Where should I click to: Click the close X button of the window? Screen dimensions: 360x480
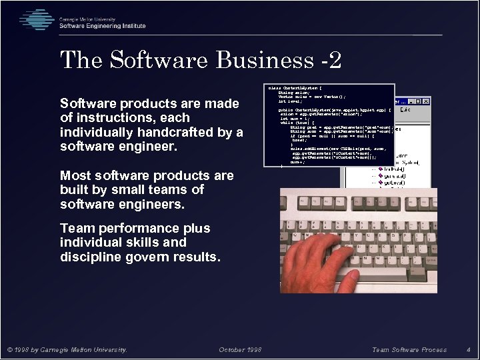click(425, 101)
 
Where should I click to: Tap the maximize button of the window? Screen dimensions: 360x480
click(417, 101)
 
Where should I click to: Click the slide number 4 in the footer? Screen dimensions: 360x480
click(469, 349)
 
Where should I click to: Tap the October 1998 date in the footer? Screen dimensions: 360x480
click(240, 349)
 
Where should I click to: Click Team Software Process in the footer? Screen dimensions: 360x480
click(409, 349)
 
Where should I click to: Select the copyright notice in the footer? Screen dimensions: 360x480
click(67, 349)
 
